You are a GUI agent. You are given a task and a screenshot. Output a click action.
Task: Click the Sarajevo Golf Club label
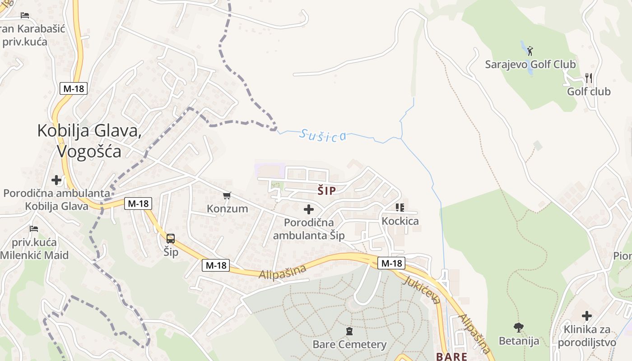point(530,65)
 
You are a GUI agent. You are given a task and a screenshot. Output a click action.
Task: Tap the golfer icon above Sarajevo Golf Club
point(530,50)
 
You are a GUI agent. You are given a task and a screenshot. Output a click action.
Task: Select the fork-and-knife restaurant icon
point(589,78)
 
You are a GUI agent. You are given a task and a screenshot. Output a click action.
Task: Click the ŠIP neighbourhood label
point(326,191)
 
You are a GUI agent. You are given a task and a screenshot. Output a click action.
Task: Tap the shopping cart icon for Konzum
point(227,196)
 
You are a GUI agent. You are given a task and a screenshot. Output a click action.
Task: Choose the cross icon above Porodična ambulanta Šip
point(309,209)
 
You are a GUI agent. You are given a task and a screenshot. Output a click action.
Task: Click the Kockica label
point(400,221)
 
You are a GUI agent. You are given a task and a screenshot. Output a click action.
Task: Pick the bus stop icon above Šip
point(171,239)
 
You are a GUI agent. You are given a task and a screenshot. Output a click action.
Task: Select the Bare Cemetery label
point(349,345)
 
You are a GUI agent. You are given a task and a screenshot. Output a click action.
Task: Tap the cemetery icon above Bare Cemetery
point(349,332)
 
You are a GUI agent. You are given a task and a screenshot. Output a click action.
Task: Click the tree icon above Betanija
point(519,327)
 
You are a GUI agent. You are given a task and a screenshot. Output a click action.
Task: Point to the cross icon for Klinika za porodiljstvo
point(587,316)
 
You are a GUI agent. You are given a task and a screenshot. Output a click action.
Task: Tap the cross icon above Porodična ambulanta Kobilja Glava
point(56,180)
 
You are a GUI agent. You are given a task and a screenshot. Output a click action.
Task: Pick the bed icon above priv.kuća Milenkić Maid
point(34,229)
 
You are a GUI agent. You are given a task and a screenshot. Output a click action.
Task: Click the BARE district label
point(451,356)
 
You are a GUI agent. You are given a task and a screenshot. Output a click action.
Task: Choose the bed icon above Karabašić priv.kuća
point(25,15)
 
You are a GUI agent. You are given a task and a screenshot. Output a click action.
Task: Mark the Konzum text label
point(228,208)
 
